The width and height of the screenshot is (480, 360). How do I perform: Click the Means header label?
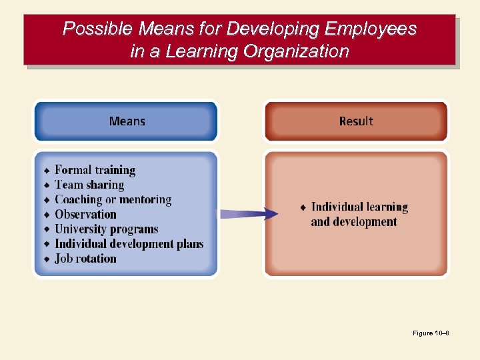(x=127, y=121)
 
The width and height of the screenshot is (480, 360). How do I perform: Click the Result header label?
(x=356, y=121)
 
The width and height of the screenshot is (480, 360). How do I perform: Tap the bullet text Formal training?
(x=95, y=170)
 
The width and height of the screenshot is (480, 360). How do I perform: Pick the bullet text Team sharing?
(x=89, y=185)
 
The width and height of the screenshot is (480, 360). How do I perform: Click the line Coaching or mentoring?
(x=113, y=199)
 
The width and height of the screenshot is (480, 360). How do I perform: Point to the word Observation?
(x=85, y=214)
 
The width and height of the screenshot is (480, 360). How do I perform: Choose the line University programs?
(x=106, y=229)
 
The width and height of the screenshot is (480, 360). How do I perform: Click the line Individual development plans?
(x=129, y=244)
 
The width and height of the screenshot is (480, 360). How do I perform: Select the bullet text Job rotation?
(x=85, y=259)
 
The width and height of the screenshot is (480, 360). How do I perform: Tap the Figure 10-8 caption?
(x=431, y=333)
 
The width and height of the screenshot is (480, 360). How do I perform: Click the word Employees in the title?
(x=370, y=29)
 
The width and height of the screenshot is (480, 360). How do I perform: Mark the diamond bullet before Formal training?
(x=47, y=171)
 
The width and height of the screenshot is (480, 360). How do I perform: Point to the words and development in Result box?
(x=353, y=222)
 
